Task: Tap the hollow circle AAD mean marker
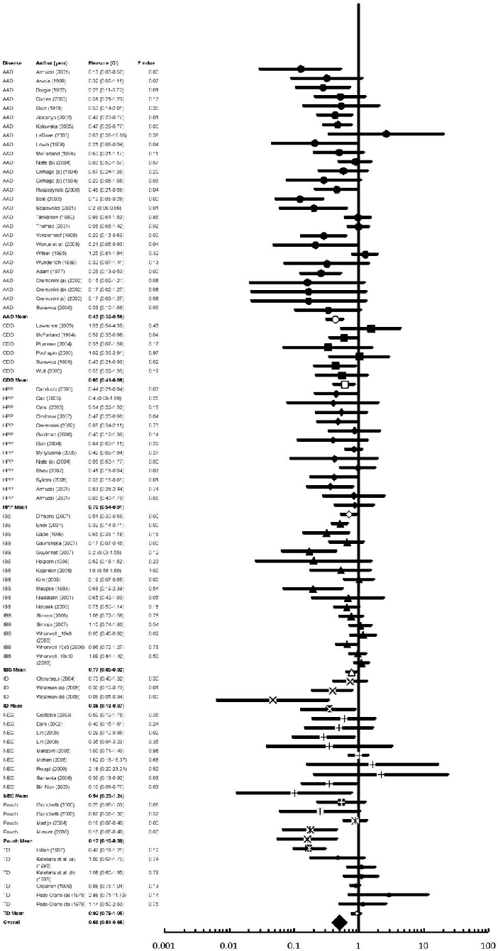tap(336, 320)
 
